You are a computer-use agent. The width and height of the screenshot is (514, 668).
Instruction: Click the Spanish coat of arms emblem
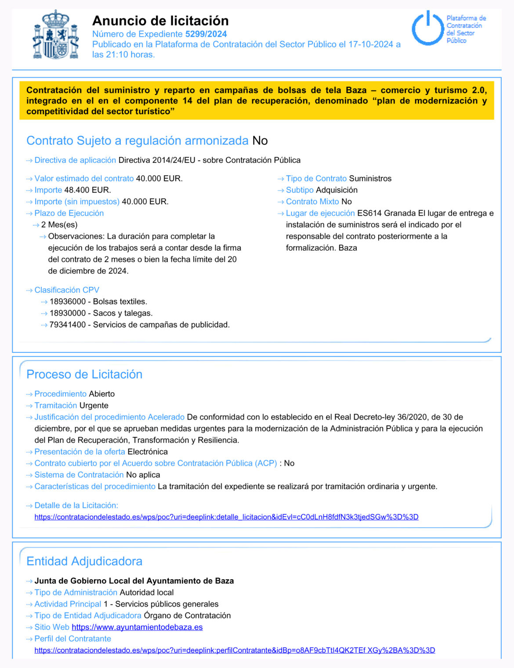tap(56, 35)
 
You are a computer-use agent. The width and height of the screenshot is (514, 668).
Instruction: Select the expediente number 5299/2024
tap(206, 34)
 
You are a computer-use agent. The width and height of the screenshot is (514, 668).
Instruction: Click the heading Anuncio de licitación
tap(160, 21)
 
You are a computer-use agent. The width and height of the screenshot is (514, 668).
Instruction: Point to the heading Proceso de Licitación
tap(84, 374)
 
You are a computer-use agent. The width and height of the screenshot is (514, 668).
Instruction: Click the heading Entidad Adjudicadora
tap(84, 561)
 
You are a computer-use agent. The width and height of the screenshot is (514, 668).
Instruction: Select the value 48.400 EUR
tap(87, 190)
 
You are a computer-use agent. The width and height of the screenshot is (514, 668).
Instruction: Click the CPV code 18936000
tap(68, 302)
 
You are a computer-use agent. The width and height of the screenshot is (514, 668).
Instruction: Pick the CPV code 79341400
tap(68, 325)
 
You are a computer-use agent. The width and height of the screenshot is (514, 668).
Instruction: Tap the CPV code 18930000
tap(68, 313)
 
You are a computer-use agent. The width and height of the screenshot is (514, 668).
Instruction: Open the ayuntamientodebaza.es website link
tap(137, 627)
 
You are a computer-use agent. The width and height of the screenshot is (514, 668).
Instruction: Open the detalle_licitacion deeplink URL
tap(226, 517)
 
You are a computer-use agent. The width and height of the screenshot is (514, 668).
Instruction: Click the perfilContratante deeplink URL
tap(235, 650)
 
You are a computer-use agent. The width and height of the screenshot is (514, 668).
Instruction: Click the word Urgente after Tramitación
tap(94, 405)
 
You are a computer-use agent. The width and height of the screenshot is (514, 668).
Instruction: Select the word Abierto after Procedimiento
tap(102, 394)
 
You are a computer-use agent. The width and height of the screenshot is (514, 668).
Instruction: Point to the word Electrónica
tap(148, 451)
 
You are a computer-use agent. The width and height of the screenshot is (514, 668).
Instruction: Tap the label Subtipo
tap(300, 190)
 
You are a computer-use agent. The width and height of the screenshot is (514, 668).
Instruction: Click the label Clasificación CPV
tap(67, 290)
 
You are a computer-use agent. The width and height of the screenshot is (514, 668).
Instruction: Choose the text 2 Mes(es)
tap(59, 225)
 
